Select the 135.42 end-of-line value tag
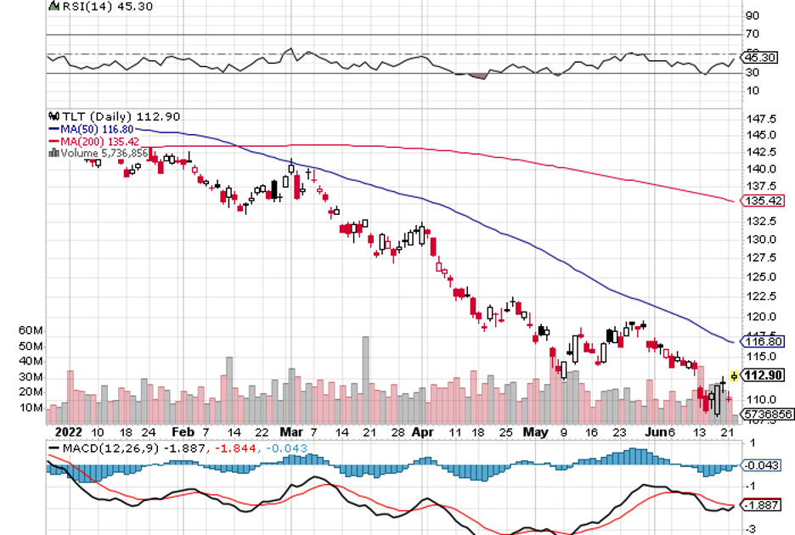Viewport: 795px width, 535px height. point(762,201)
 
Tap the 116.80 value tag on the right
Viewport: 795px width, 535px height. point(762,341)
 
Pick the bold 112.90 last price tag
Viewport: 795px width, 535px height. point(762,375)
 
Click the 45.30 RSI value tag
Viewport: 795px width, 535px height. point(758,58)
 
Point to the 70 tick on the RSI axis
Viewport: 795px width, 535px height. point(752,35)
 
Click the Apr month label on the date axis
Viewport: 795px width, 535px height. point(421,431)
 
